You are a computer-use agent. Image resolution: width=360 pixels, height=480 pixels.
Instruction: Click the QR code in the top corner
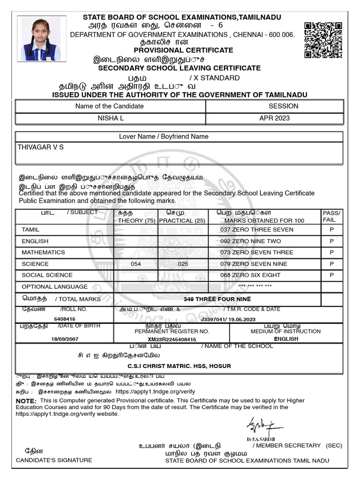click(x=322, y=39)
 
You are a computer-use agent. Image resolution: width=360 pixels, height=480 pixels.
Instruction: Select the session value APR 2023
click(x=274, y=118)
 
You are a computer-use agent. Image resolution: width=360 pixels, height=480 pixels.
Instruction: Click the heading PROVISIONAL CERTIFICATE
click(x=183, y=50)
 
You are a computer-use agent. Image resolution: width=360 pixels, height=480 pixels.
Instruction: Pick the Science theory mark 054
click(x=135, y=264)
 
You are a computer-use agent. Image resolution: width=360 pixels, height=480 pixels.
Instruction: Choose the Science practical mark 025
click(x=183, y=264)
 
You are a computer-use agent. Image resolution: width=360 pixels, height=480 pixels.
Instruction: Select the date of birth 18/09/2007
click(x=64, y=339)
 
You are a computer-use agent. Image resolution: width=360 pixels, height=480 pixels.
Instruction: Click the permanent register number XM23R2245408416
click(x=172, y=339)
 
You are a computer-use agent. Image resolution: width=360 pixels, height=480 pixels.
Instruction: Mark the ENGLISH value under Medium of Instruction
click(x=285, y=339)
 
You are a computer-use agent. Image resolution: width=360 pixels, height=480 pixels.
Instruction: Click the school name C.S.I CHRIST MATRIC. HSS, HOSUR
click(x=179, y=366)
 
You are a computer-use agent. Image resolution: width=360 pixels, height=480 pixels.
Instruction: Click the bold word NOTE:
click(x=26, y=401)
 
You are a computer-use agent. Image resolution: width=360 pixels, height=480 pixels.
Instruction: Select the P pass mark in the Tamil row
click(x=331, y=230)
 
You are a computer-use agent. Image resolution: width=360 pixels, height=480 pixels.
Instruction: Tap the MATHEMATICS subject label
click(x=43, y=252)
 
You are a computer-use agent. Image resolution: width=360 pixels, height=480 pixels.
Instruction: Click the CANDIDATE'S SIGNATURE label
click(x=54, y=460)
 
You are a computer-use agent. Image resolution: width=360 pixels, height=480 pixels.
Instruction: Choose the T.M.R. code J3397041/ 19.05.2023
click(x=228, y=319)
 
